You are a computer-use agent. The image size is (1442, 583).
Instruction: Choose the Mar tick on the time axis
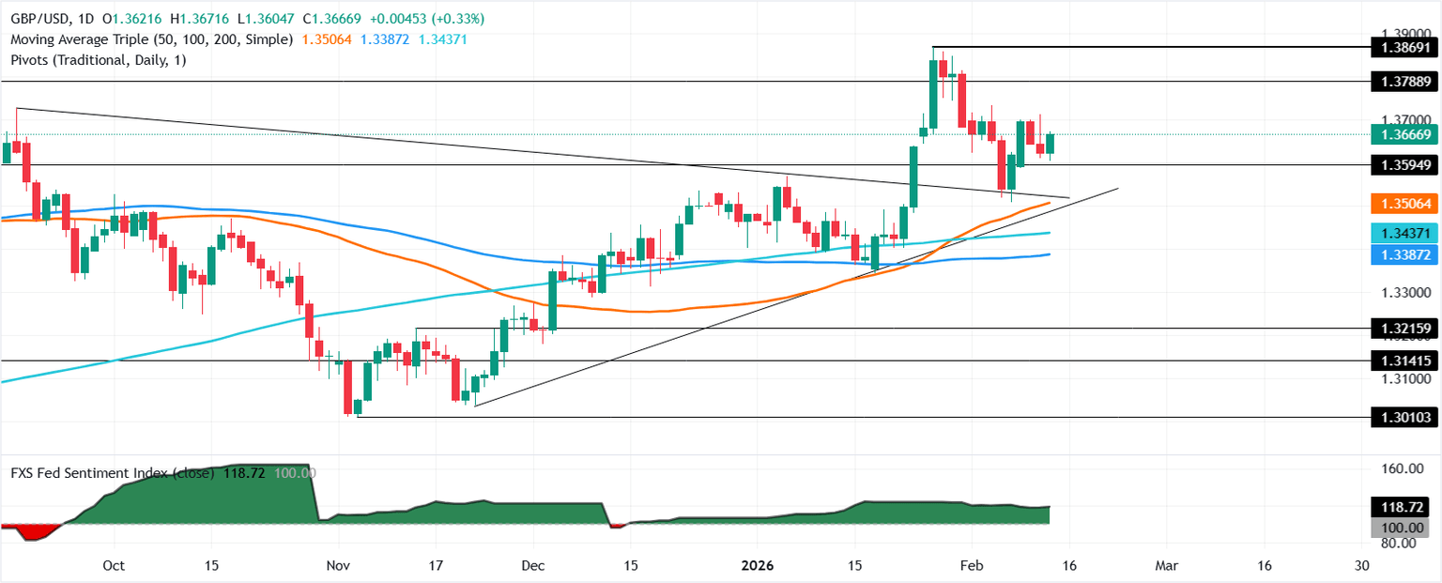click(x=1165, y=566)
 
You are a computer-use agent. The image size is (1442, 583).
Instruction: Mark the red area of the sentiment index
click(x=36, y=531)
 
